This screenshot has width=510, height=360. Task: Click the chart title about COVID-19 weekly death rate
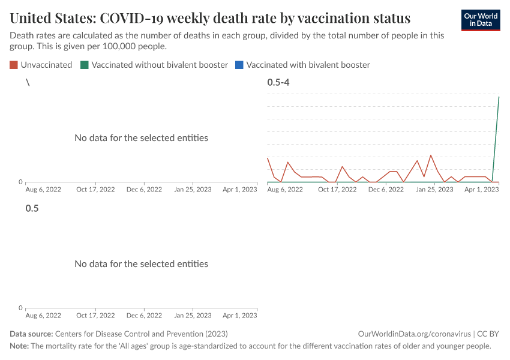(210, 17)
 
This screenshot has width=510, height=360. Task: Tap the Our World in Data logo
(480, 20)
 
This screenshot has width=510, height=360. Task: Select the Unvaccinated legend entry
(41, 65)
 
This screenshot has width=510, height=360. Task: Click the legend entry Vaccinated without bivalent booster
(154, 65)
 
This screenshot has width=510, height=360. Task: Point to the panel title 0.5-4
(278, 82)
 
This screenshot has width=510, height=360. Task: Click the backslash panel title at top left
(28, 82)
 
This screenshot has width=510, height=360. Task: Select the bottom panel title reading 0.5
(32, 208)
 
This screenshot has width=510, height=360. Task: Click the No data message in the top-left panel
(141, 138)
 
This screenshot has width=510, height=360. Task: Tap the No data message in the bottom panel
(141, 264)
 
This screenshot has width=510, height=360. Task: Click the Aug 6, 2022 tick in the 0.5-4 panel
(285, 190)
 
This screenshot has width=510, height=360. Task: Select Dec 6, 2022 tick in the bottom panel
(144, 316)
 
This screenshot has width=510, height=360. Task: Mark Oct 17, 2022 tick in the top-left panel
(95, 190)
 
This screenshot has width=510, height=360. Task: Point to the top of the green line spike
(499, 97)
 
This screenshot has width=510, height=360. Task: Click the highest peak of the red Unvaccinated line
(431, 155)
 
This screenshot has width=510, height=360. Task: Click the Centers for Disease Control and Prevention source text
(141, 334)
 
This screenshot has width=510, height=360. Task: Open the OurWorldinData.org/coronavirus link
(413, 334)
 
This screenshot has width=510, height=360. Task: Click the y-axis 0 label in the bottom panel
(20, 308)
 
